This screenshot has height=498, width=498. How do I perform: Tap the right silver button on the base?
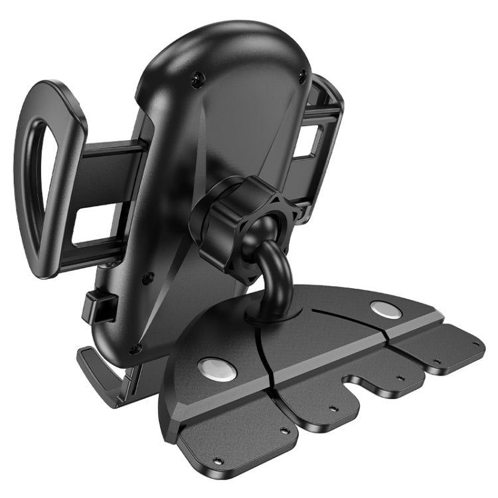[x=386, y=309]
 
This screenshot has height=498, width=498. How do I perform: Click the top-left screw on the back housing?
[x=197, y=80]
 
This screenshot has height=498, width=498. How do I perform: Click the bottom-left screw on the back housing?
[x=135, y=348]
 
